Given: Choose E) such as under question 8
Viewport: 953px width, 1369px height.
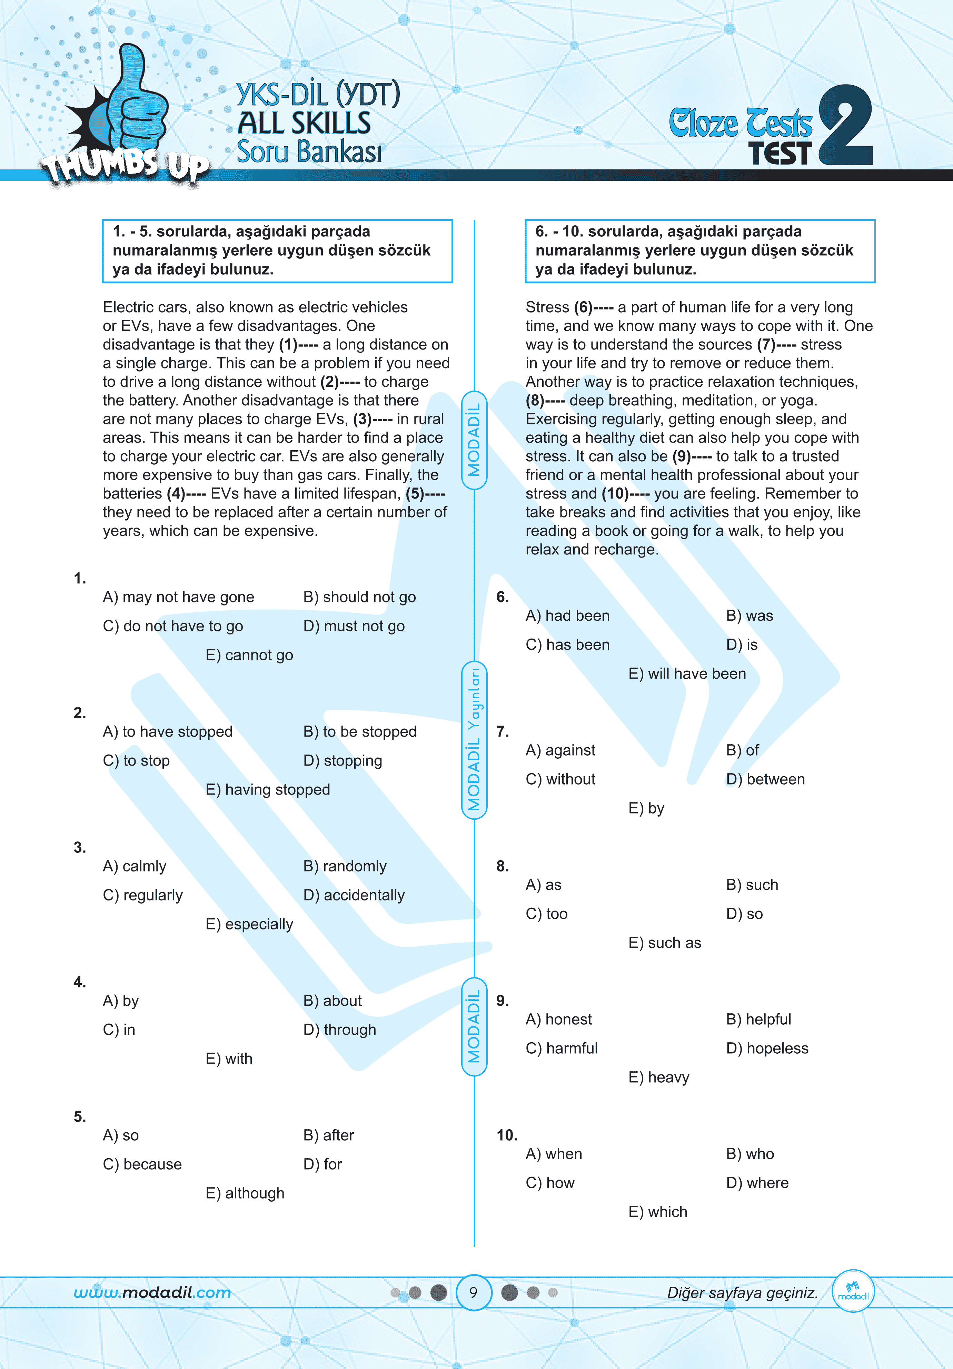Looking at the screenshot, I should point(665,943).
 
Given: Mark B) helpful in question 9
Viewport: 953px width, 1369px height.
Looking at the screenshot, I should point(758,1019).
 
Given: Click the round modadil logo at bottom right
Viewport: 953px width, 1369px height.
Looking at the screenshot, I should point(853,1291).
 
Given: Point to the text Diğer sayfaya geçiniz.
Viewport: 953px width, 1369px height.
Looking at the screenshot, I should point(742,1293).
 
